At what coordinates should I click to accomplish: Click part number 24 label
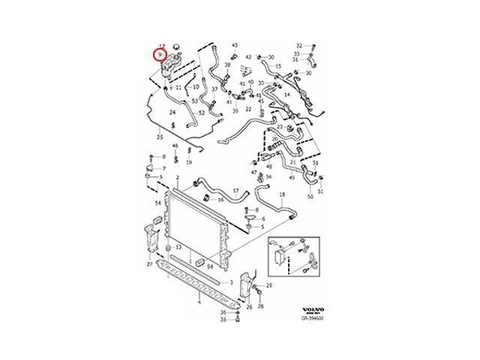click(172, 112)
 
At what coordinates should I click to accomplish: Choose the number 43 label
click(235, 45)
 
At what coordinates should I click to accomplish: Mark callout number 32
click(298, 45)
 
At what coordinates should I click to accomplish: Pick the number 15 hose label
click(277, 66)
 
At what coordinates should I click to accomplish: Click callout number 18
click(282, 195)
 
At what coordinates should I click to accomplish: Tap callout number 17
click(235, 190)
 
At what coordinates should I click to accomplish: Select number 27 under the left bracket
click(150, 265)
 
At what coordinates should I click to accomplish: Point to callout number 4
click(199, 303)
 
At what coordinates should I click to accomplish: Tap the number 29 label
click(269, 286)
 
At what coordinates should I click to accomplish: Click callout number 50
click(310, 196)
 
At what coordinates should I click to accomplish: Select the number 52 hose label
click(202, 113)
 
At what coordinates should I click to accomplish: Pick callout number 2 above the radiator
click(177, 178)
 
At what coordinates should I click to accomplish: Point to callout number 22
click(248, 109)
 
